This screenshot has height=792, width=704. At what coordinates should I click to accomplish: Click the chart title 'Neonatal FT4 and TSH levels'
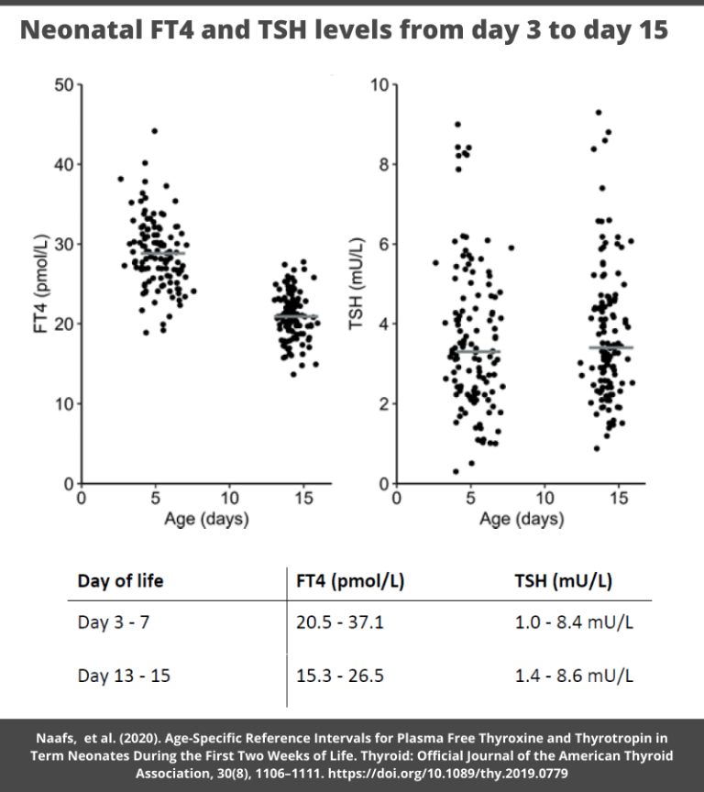pos(345,31)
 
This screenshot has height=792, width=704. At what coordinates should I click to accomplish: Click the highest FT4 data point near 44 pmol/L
pos(154,131)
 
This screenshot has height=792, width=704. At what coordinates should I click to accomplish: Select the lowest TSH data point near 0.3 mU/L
pos(456,471)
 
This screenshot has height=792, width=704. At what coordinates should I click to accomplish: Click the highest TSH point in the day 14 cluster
pos(599,113)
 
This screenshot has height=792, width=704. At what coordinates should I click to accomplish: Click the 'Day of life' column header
pos(120,580)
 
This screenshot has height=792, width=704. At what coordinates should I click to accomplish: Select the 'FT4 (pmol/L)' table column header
pos(349,580)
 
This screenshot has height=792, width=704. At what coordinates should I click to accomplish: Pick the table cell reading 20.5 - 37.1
pos(339,623)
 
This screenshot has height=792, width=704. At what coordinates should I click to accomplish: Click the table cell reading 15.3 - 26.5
pos(339,676)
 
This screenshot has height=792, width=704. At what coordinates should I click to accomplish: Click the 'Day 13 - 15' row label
pos(124,676)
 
